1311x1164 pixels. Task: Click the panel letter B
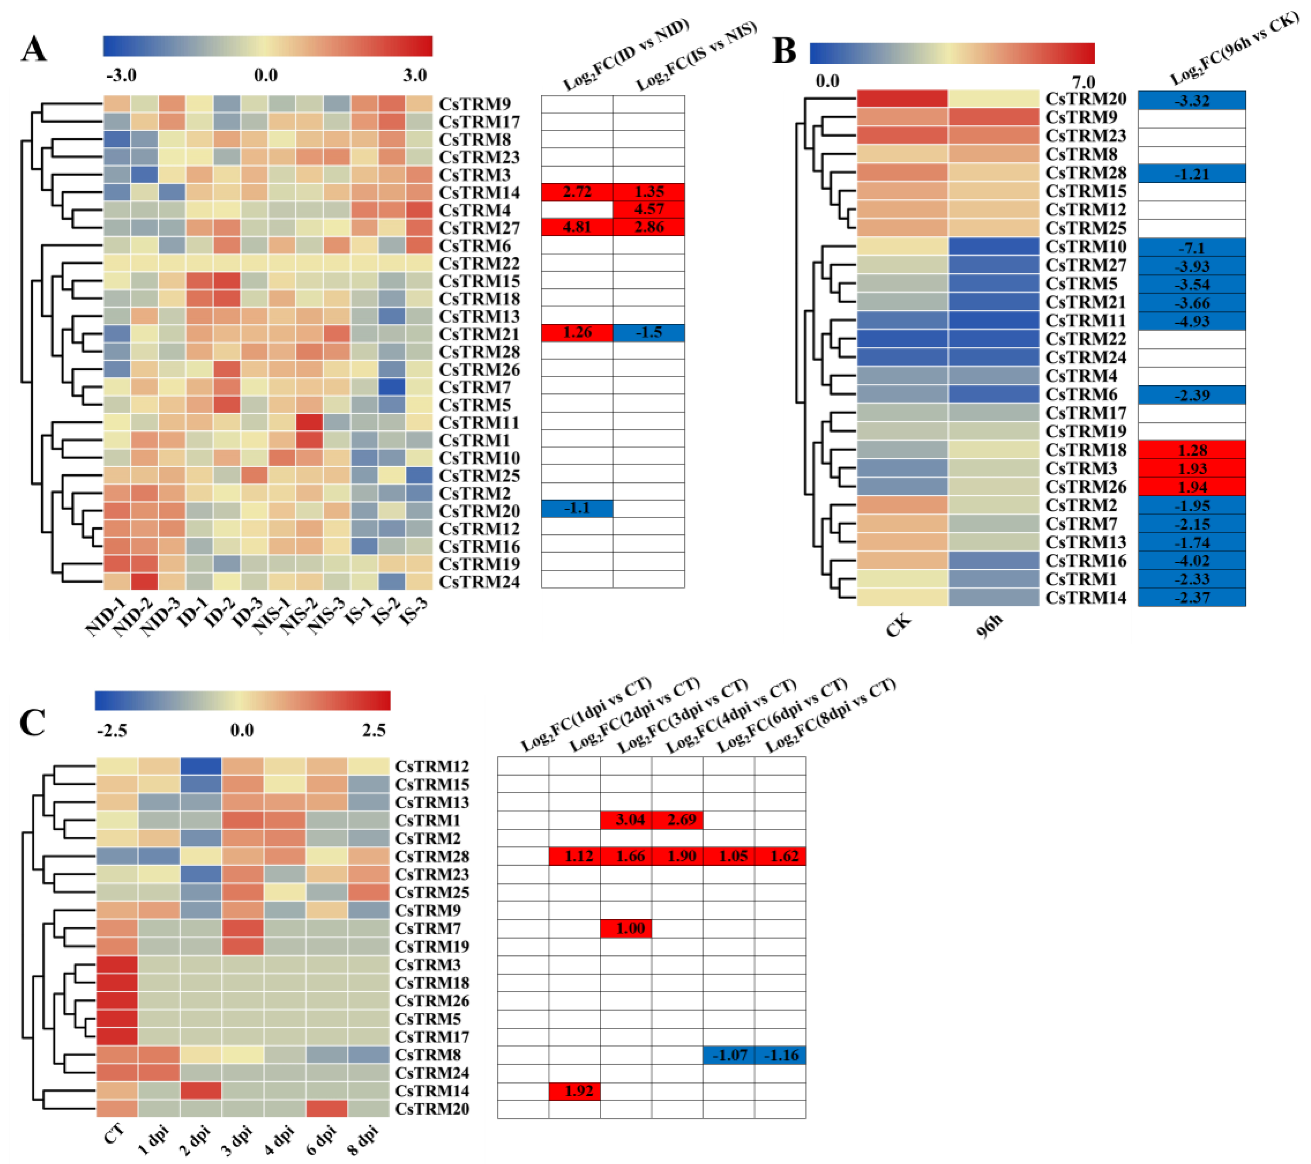(784, 51)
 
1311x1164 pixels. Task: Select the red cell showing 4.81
(577, 227)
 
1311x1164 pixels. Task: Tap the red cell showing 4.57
(649, 209)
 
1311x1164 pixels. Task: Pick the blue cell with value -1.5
(649, 333)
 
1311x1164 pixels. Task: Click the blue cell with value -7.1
(1192, 248)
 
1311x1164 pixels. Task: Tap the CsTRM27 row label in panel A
(479, 228)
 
